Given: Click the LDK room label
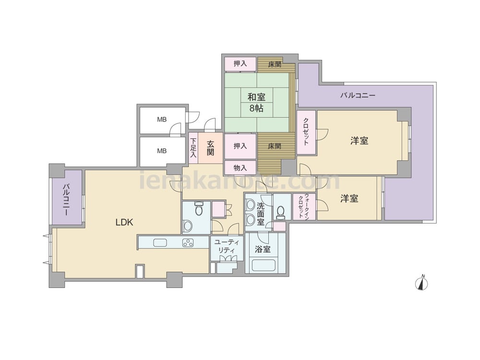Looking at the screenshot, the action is click(124, 222).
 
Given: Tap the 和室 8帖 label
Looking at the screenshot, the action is click(256, 103).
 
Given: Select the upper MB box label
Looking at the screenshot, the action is click(162, 120).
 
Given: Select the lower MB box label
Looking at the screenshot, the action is click(162, 151).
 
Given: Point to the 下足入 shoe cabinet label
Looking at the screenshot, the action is click(193, 148).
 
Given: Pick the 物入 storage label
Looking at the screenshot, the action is click(240, 168).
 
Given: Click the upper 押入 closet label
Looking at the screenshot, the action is click(240, 63).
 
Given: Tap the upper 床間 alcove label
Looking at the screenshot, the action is click(275, 65).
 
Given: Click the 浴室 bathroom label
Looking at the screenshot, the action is click(263, 249).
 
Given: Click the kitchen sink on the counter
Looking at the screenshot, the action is click(160, 243).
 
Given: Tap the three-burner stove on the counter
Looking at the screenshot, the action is click(188, 243).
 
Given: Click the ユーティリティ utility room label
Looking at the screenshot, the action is click(227, 246).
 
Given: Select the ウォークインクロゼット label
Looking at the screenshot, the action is click(304, 206).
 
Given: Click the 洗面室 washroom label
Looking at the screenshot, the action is click(261, 214).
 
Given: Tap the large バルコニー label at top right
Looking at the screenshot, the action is click(358, 96).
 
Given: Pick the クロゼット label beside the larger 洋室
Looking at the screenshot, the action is click(306, 132).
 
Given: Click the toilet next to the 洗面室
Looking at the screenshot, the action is click(280, 213).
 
